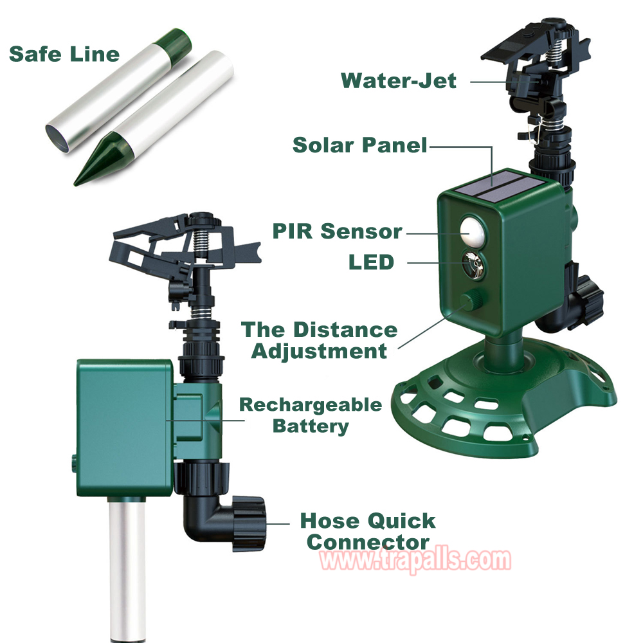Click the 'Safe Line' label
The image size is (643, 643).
point(64,54)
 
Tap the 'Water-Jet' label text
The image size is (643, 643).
point(399,80)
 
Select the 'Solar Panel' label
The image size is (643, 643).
point(360,145)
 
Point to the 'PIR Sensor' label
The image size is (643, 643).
point(338,231)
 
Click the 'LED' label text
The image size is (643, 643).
point(371,262)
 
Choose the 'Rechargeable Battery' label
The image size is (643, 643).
point(311,415)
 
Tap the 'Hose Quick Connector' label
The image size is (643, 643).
point(368,531)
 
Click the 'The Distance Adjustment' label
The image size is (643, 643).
point(320,340)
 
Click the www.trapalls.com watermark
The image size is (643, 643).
point(415,560)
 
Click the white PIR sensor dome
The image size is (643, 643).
point(472,231)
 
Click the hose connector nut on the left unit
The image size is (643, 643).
point(249,523)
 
